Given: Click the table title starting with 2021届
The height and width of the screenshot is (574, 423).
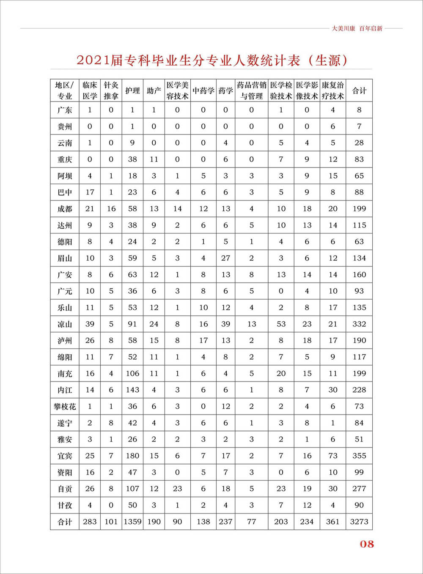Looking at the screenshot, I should tap(212, 60).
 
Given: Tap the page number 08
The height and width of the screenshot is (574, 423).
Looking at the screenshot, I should tap(367, 544).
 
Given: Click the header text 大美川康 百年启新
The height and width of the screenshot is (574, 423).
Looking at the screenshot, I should tap(357, 28).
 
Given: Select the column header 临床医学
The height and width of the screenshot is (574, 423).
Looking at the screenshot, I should tap(90, 91).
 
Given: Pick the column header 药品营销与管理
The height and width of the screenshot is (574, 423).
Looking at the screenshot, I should tap(251, 91).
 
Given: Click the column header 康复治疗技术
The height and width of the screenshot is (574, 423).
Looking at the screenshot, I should tap(332, 91).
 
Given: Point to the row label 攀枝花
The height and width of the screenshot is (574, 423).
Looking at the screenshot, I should tap(65, 406).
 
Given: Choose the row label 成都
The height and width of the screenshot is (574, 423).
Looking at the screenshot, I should tap(65, 209).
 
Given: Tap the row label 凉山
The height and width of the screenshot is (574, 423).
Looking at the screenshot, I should tap(65, 324).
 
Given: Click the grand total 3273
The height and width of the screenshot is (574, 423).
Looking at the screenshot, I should tap(359, 522).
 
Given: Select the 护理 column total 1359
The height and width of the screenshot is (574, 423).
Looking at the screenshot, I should tap(132, 522).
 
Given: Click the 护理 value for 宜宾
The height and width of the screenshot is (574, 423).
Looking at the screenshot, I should tap(132, 456).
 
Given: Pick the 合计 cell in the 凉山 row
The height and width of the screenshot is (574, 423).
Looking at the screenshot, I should tap(359, 324).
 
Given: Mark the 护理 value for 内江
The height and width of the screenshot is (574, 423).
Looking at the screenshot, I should tap(132, 390).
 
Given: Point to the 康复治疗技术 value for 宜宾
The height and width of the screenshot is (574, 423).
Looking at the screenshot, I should tap(333, 456).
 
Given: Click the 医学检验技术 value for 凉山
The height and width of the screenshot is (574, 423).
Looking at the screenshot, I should tap(281, 324).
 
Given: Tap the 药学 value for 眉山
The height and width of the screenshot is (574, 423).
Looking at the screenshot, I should tap(225, 258).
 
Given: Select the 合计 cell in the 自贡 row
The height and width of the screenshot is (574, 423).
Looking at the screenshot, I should tap(359, 489).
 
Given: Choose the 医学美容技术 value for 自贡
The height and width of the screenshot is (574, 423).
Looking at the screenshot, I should tap(177, 489).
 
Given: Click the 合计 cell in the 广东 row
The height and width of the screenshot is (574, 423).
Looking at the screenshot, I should tap(359, 110).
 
